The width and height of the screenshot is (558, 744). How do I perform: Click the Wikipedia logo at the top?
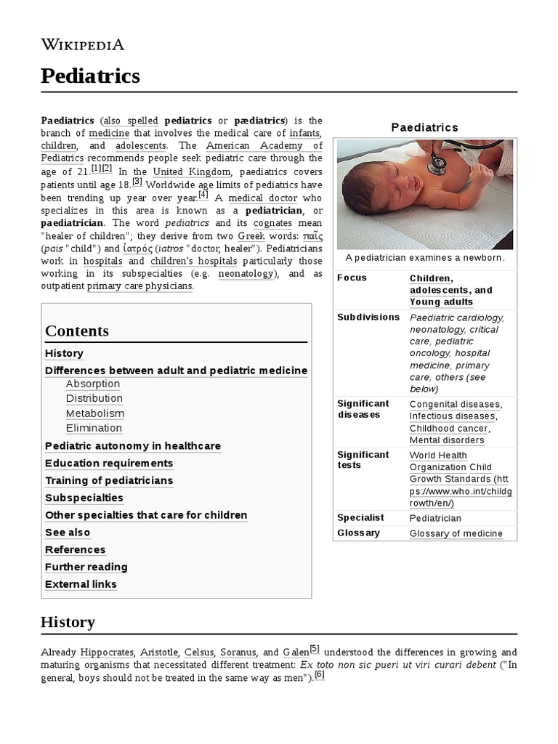[82, 44]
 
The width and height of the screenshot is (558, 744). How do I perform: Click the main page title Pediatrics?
[90, 76]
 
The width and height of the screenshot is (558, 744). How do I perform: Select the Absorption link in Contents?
[93, 384]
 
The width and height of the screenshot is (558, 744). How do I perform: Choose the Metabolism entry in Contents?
[95, 413]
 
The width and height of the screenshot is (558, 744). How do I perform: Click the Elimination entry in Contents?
[94, 428]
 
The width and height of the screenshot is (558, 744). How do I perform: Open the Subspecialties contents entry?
[84, 498]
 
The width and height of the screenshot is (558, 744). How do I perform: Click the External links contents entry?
[81, 584]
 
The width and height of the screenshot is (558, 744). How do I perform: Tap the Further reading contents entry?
[86, 567]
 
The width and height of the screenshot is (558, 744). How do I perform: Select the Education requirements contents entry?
[109, 463]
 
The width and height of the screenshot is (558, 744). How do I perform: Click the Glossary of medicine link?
[456, 533]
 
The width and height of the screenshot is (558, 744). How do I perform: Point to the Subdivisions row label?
[368, 317]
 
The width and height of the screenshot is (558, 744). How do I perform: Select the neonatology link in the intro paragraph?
[246, 274]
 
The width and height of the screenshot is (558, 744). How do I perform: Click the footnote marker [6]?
[319, 674]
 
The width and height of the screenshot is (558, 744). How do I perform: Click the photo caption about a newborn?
[425, 258]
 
